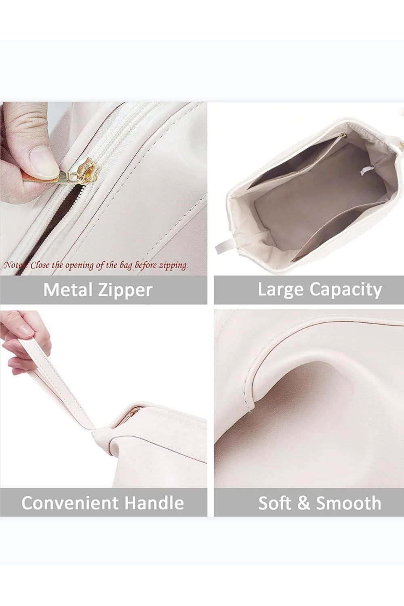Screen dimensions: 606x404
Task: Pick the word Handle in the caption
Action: pos(154,503)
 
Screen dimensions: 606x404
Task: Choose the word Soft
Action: pos(275,503)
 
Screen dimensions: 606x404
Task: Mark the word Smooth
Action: pos(348,503)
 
